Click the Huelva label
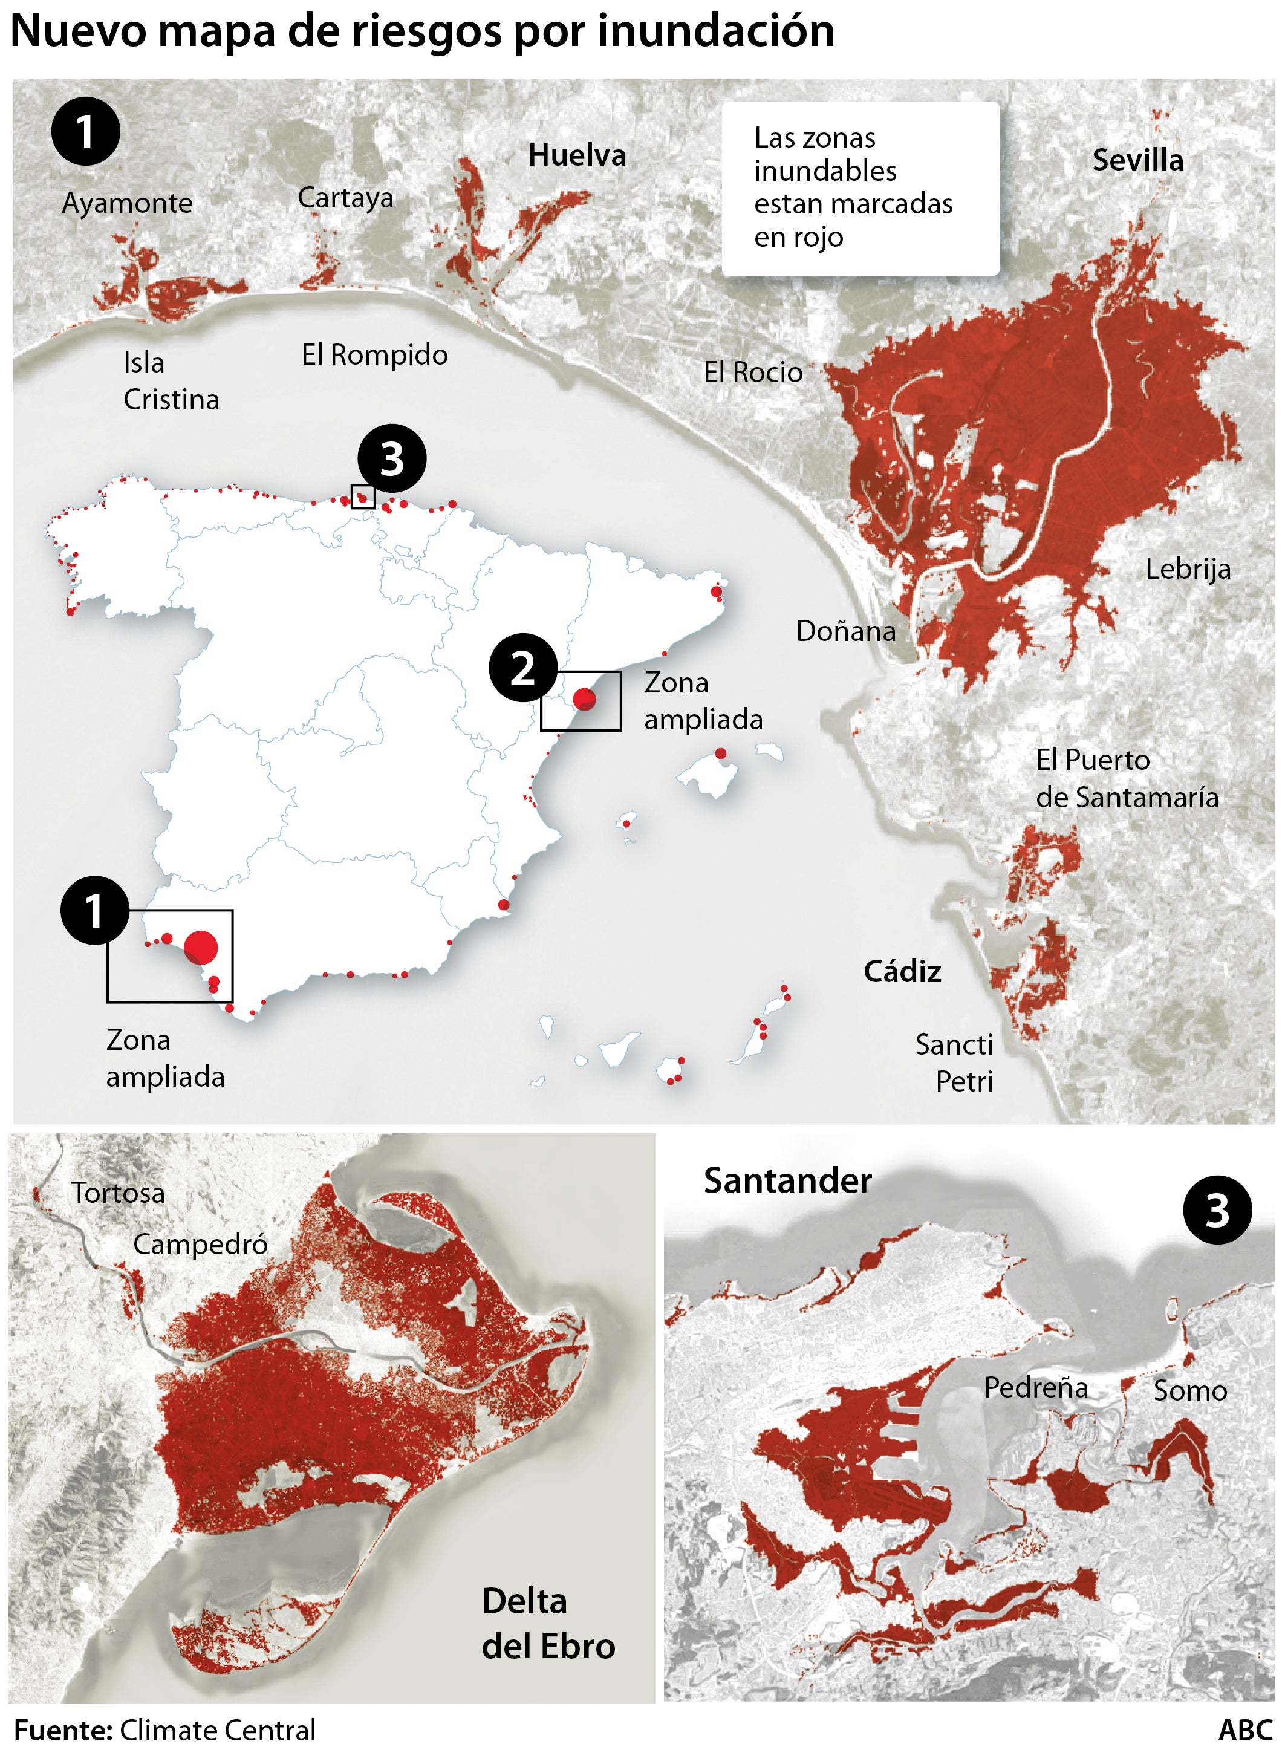coord(576,155)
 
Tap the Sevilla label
coord(1137,160)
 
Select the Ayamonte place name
coord(127,203)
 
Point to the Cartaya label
coord(345,198)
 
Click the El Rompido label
coord(374,354)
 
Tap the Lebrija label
coord(1188,568)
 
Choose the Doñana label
coord(845,631)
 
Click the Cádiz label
coord(902,971)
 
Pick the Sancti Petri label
coord(954,1063)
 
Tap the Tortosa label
coord(119,1193)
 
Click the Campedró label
coord(200,1245)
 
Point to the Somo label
coord(1189,1391)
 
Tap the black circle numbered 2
coord(522,668)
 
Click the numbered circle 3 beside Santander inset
coord(1217,1209)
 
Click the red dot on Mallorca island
coord(720,753)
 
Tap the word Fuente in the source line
coord(63,1731)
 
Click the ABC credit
coord(1244,1731)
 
